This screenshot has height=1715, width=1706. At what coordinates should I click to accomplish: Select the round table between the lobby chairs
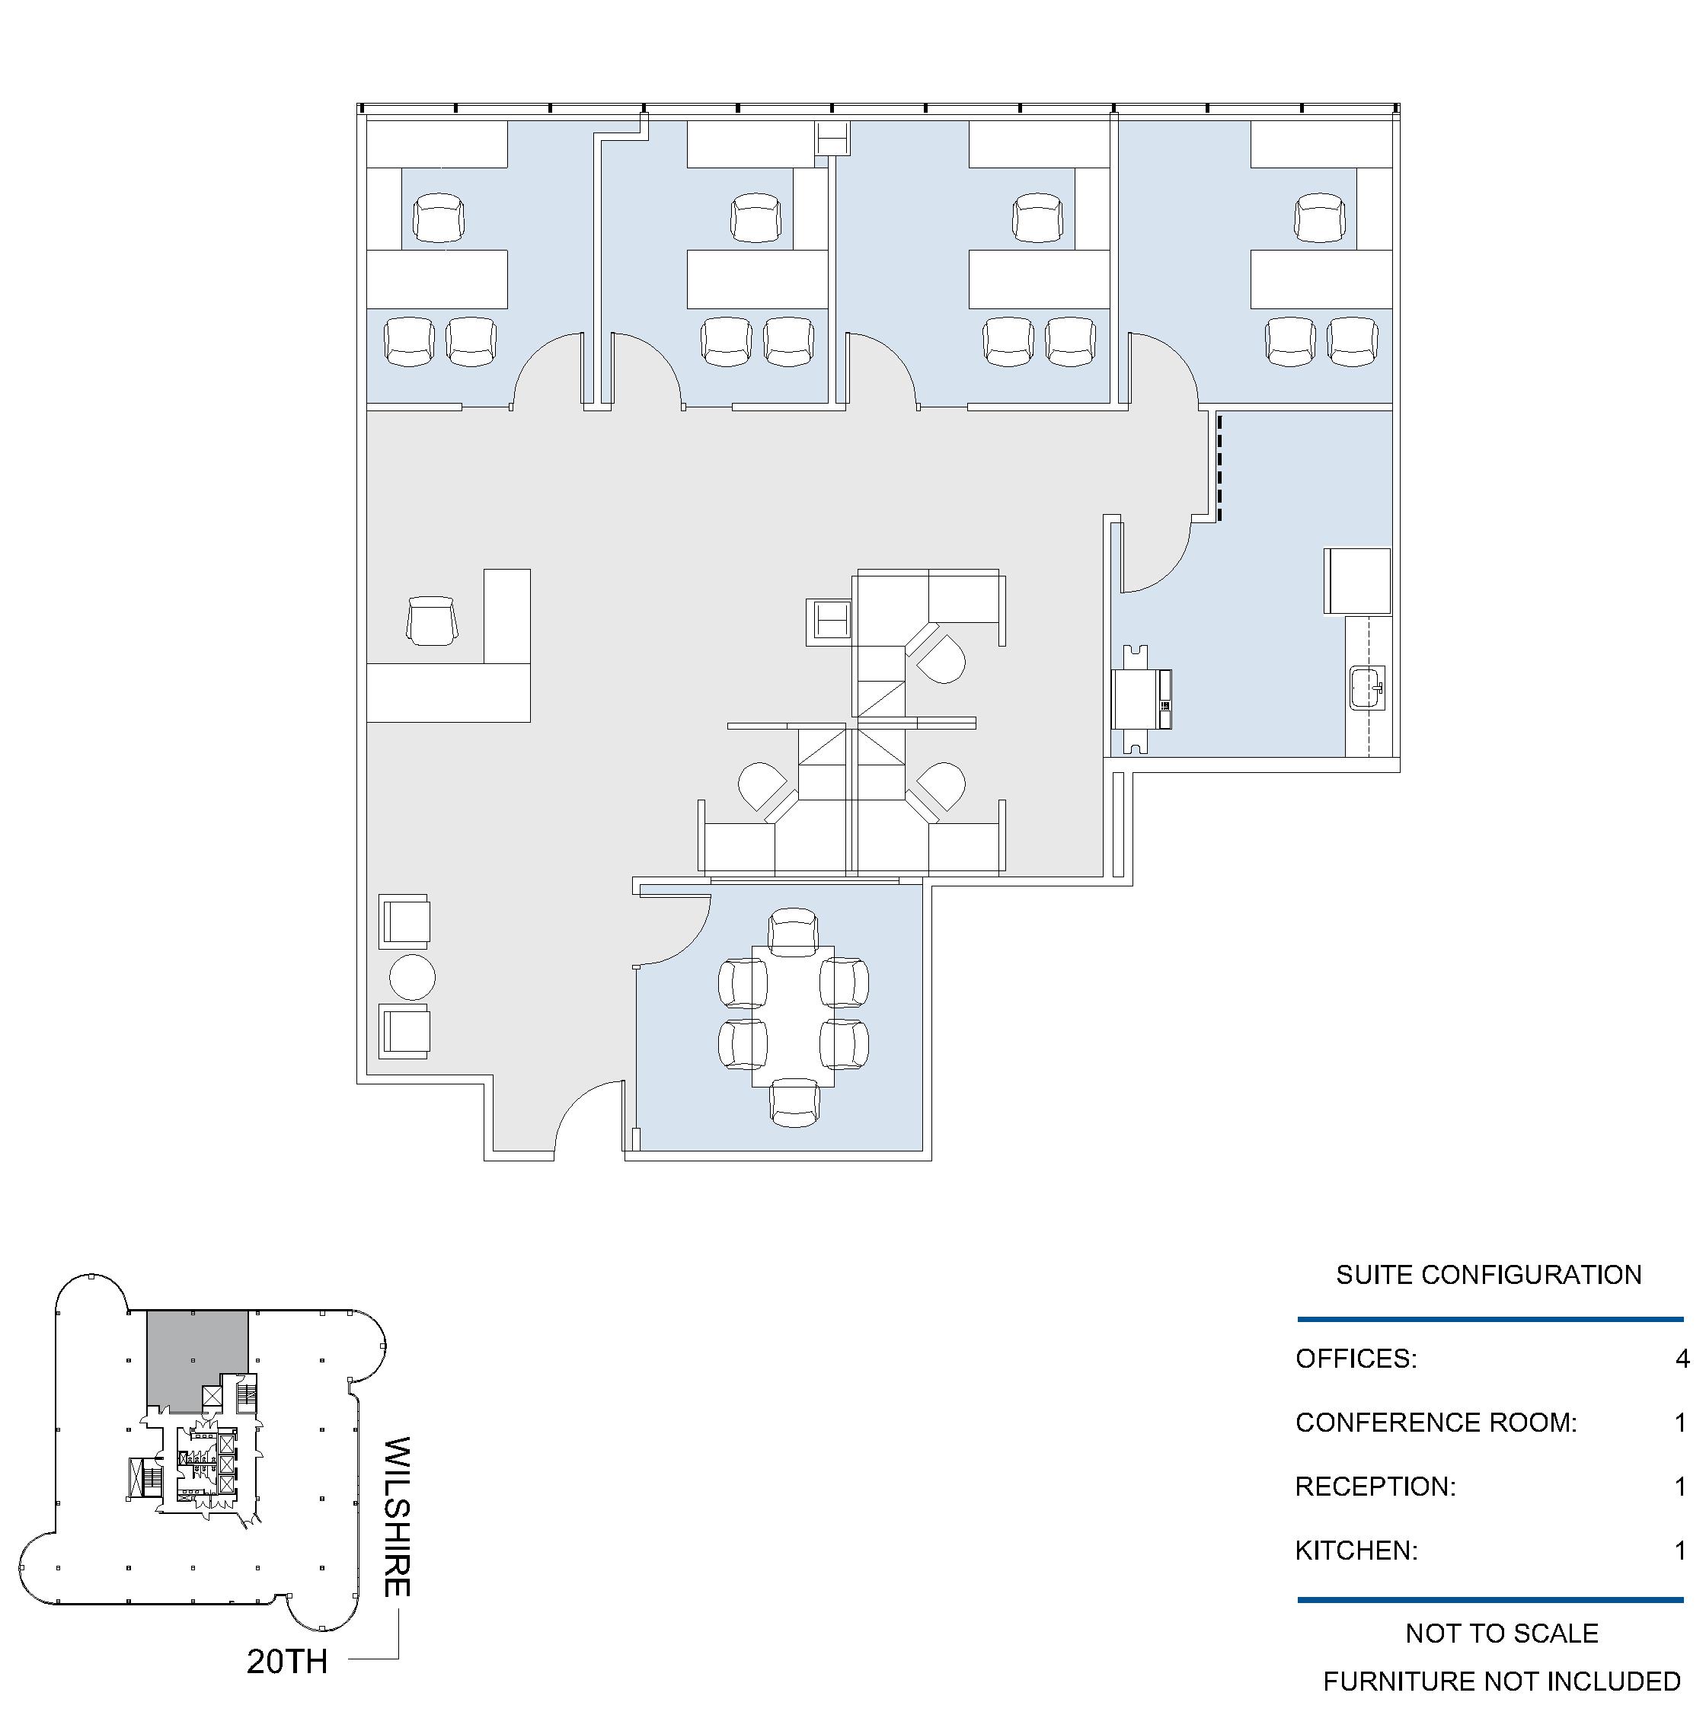coord(412,977)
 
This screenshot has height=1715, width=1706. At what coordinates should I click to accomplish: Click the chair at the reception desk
coord(433,621)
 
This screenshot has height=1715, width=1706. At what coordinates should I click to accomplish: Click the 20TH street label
coord(286,1661)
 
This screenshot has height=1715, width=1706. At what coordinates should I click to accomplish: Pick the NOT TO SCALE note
coord(1502,1634)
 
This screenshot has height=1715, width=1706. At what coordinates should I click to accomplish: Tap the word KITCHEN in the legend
coord(1356,1551)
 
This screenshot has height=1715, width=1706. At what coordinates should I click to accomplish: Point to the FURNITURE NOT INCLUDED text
coord(1502,1681)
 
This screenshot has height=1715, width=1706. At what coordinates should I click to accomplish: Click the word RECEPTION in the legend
coord(1375,1487)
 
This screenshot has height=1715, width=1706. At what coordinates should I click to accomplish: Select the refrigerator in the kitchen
coord(1357,581)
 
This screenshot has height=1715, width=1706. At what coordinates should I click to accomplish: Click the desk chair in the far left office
coord(439,219)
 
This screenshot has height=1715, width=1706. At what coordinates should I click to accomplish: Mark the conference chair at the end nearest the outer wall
coord(794,1103)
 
